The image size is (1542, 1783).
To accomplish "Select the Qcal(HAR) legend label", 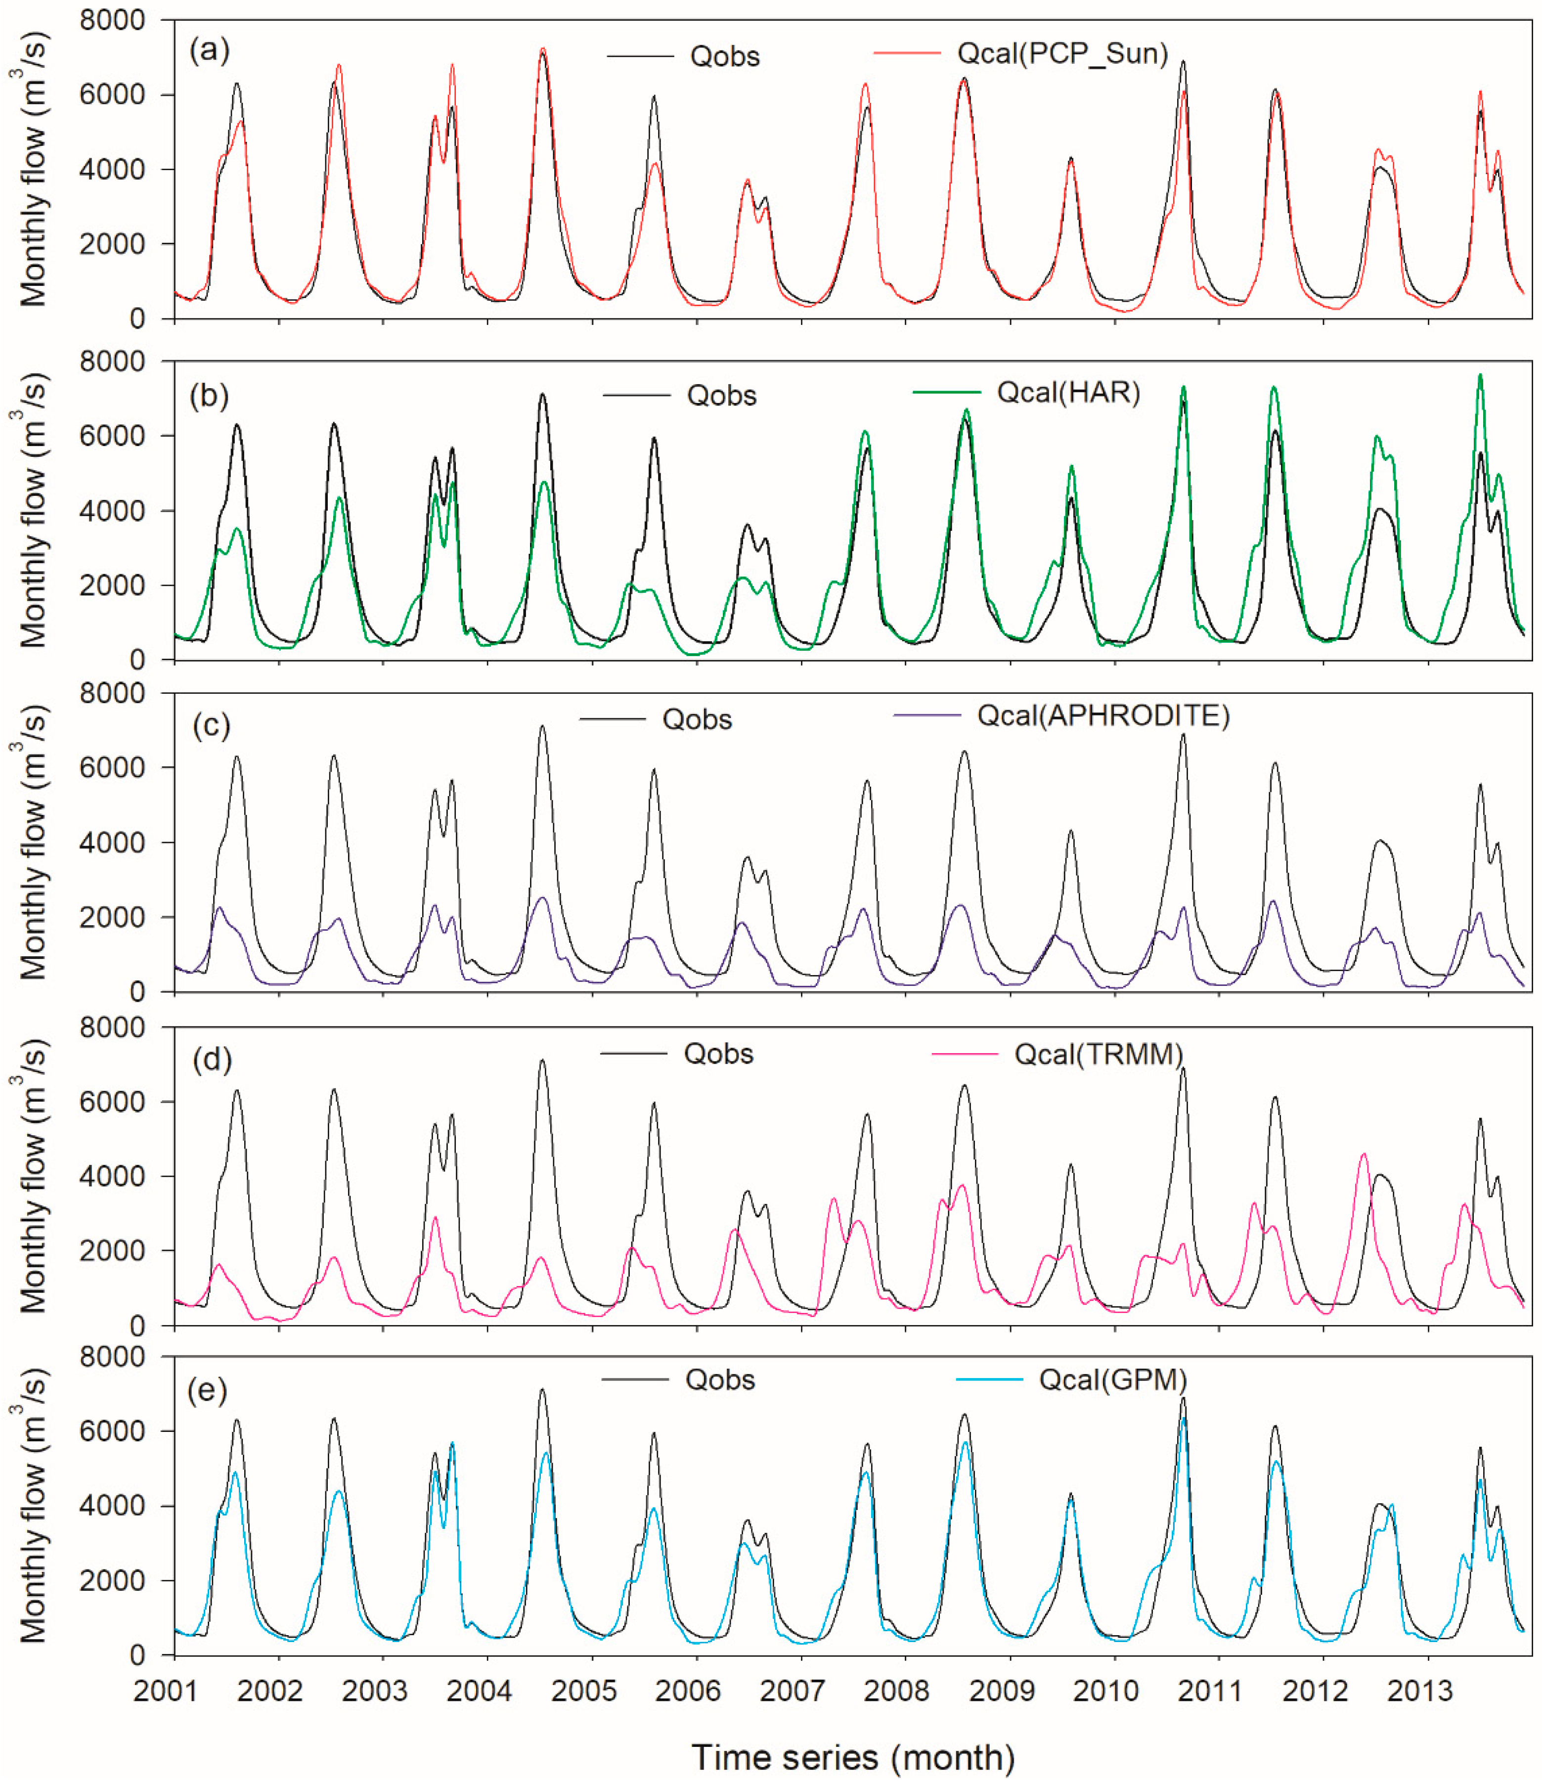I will [x=1068, y=393].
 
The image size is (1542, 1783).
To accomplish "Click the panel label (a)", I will [x=209, y=51].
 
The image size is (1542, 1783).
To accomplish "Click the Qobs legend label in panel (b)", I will [x=721, y=396].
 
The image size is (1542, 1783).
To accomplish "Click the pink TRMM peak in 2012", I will [x=1363, y=1154].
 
